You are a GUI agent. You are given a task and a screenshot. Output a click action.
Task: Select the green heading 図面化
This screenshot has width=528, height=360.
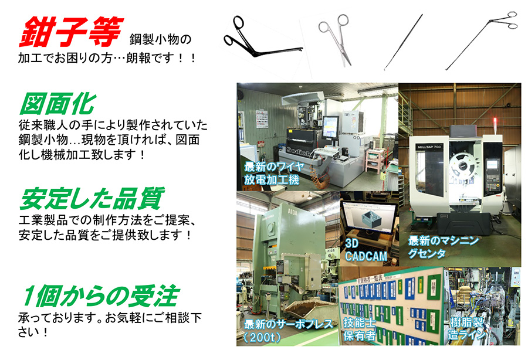57,104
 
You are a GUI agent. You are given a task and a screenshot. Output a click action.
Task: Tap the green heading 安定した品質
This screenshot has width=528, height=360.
92,199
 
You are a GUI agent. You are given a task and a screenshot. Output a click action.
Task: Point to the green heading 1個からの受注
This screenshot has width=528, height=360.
100,296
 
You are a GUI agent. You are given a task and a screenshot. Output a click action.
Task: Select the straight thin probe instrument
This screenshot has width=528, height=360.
404,42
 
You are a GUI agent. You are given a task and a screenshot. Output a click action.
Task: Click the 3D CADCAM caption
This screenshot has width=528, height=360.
365,250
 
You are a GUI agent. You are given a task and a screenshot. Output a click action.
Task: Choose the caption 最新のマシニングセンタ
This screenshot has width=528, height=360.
443,247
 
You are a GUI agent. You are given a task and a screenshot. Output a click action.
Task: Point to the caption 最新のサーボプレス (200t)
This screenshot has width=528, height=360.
288,330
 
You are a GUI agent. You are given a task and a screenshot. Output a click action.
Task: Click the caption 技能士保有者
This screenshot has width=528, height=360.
359,329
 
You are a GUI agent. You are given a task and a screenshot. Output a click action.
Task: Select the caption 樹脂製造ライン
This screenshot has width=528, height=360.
467,328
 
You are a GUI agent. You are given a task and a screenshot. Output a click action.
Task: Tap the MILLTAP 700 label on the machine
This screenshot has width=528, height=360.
429,147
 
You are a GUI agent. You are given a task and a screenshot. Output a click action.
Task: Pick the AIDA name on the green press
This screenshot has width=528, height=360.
292,212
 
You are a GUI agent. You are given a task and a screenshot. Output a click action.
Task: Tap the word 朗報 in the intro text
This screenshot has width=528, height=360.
138,58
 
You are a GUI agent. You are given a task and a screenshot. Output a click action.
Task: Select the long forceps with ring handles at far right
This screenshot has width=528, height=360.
482,40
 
